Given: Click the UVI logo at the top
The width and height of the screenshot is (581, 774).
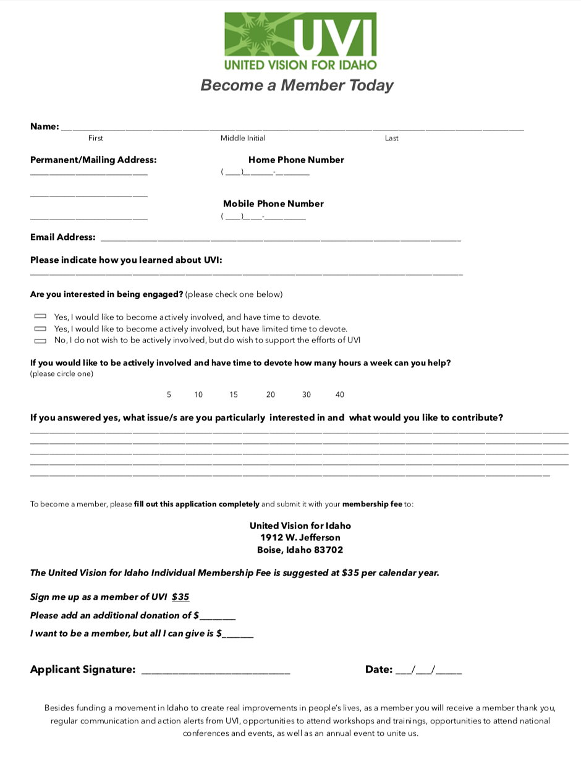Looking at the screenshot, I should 300,41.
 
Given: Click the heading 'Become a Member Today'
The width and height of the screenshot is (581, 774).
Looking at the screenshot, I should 297,85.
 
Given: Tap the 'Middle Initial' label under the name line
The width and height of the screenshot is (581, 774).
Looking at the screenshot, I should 243,138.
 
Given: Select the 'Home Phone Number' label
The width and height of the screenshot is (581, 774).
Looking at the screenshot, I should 296,160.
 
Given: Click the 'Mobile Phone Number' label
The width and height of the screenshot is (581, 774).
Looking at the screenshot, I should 273,204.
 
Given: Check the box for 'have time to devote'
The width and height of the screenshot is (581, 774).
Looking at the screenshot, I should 40,317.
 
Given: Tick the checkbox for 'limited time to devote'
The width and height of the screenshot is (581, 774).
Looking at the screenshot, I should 40,328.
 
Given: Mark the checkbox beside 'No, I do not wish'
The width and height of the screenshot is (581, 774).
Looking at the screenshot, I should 40,341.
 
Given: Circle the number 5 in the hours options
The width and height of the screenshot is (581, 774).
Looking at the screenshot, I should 169,394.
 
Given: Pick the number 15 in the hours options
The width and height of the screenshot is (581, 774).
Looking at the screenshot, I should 234,394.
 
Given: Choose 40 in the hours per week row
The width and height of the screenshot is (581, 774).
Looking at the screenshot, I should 339,394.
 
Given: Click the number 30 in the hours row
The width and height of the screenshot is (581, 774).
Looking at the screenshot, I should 307,394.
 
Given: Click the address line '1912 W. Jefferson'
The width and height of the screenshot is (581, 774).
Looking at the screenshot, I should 300,538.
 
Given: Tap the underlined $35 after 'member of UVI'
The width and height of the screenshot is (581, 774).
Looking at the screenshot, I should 180,597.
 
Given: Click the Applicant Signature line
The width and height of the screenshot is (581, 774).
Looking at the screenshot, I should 216,670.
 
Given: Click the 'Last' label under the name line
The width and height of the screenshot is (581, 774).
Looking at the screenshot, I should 392,138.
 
